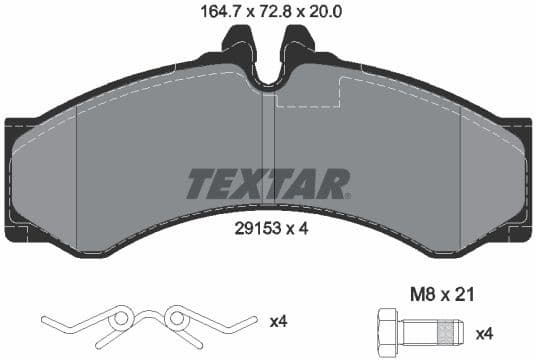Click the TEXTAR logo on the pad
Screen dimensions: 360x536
pos(268,184)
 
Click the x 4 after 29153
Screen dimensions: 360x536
pos(296,228)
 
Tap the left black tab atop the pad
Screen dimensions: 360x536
pos(237,45)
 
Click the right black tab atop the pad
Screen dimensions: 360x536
pos(298,45)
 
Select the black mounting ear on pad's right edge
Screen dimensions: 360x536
pos(518,180)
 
